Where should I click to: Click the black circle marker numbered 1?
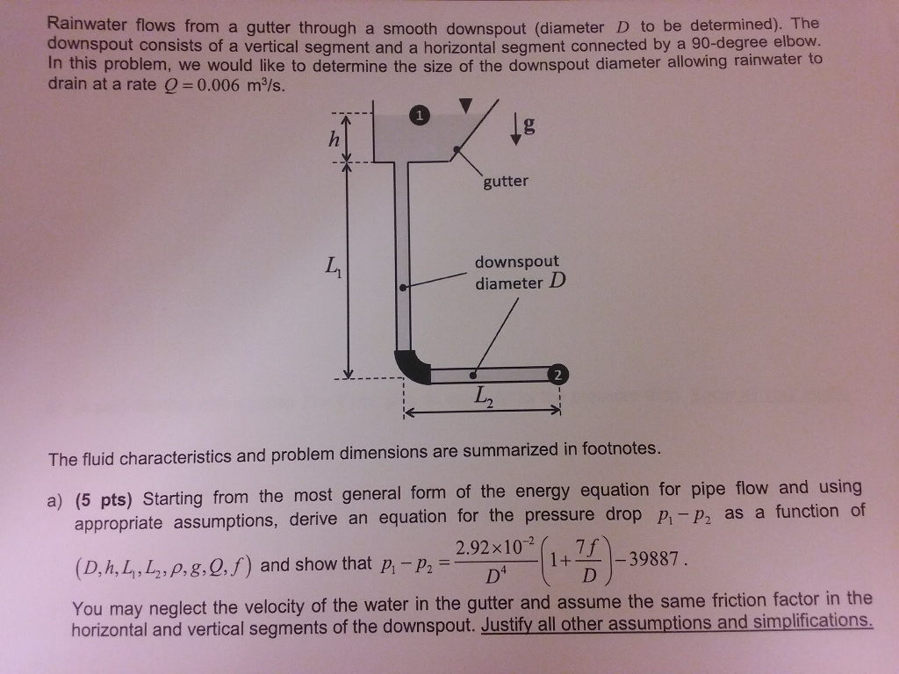click(420, 115)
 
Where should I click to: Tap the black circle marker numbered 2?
click(557, 374)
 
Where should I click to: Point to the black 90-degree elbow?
click(412, 367)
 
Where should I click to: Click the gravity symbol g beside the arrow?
click(529, 125)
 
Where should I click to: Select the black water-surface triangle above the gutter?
click(466, 105)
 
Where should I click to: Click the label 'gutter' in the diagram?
click(506, 181)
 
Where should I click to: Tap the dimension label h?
click(334, 139)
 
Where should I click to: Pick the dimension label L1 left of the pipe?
click(333, 267)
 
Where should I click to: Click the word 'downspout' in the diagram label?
click(516, 262)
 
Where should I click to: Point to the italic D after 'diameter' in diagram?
click(557, 280)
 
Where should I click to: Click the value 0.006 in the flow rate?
click(218, 85)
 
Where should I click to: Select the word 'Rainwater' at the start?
click(87, 24)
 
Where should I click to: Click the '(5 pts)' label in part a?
click(104, 500)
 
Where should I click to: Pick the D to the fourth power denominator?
click(496, 575)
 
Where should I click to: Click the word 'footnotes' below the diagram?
click(621, 448)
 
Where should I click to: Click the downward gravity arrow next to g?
click(516, 128)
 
